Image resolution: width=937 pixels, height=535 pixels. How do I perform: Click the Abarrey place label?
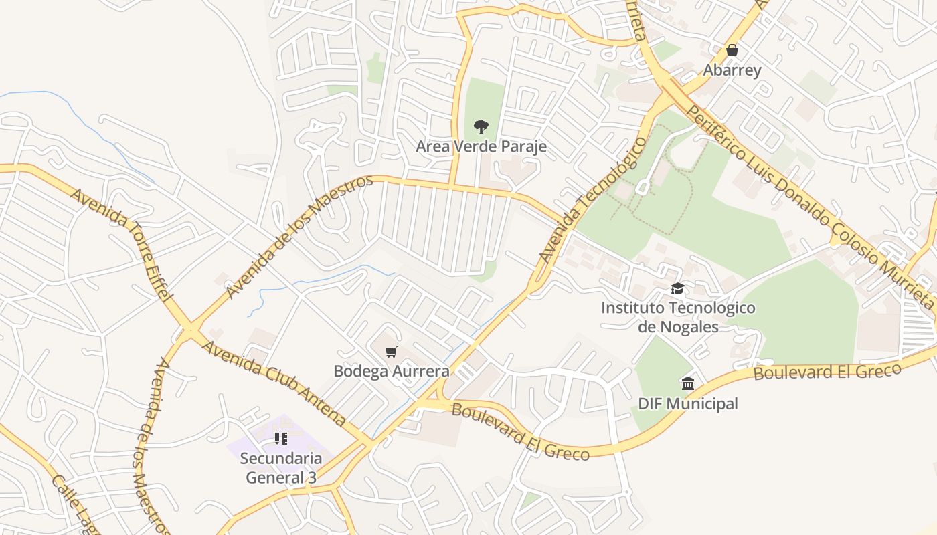[x=732, y=70]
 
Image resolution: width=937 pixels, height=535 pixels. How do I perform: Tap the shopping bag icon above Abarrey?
[x=732, y=50]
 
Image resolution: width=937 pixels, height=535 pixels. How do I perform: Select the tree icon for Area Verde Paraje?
[x=481, y=126]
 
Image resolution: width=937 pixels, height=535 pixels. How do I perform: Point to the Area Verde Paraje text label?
[x=481, y=146]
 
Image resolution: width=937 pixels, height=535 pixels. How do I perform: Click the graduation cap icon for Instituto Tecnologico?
[x=678, y=288]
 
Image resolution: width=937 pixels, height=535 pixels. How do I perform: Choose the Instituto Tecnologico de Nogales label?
[x=678, y=317]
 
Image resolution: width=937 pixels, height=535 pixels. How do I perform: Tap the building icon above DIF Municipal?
[x=687, y=383]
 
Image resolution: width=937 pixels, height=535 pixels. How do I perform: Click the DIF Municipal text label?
[x=687, y=403]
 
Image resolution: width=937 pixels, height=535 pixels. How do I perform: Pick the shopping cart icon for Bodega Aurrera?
[x=392, y=352]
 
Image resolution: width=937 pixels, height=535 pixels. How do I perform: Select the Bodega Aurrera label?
[x=392, y=370]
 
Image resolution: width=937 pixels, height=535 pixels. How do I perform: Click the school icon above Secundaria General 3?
[x=280, y=439]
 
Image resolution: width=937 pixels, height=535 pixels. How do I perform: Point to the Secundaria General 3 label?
[x=280, y=468]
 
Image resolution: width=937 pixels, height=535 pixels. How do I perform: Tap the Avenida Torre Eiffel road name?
[x=122, y=244]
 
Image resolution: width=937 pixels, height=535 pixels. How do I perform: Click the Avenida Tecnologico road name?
[x=594, y=201]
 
